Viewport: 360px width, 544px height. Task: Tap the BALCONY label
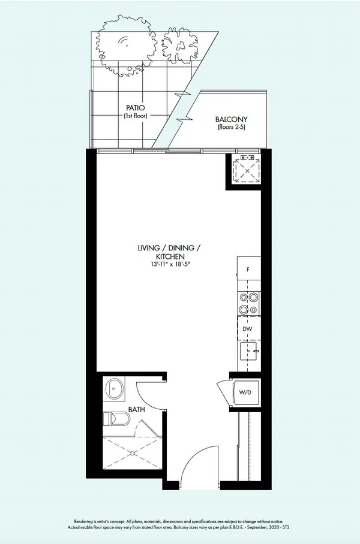(231, 119)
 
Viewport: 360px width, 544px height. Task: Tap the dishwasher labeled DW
(248, 329)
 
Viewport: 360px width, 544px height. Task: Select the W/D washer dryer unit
(245, 393)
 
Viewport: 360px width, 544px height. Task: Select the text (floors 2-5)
(231, 128)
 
